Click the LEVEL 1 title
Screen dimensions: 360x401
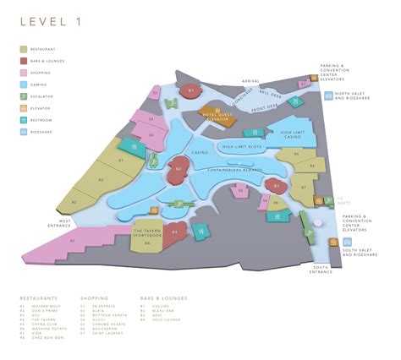[52, 23]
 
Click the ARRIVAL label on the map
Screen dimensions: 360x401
[251, 82]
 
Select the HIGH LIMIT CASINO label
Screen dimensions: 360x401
[293, 134]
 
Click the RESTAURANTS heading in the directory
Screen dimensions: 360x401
[40, 298]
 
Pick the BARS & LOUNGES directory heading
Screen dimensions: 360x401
[164, 298]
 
